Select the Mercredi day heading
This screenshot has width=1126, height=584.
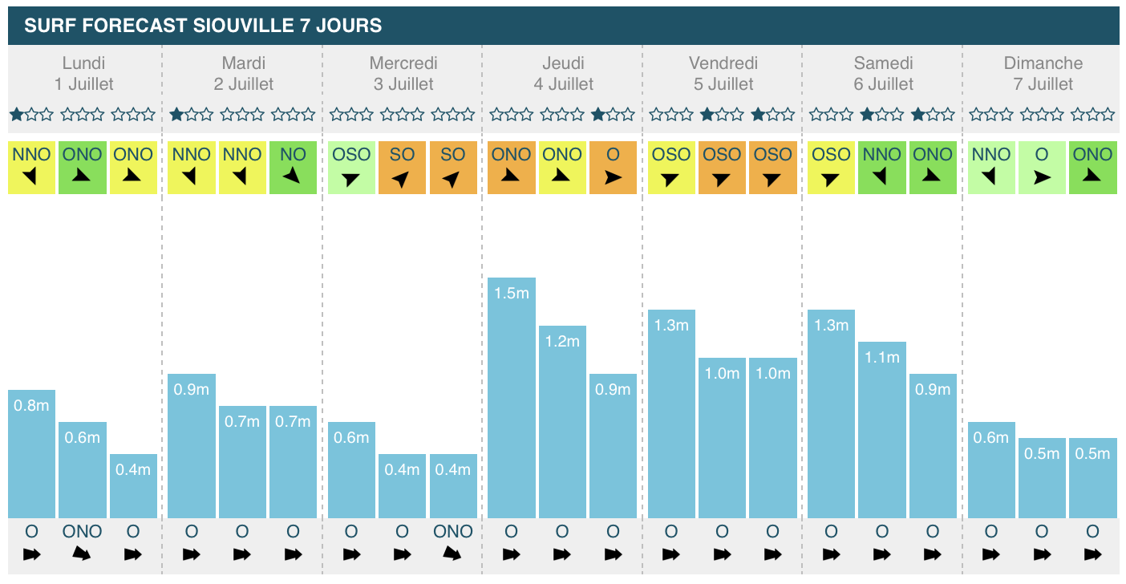(403, 63)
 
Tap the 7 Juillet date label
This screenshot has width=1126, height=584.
(1043, 84)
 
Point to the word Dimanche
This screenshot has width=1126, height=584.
(1043, 63)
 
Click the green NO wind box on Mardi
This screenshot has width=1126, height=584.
(293, 167)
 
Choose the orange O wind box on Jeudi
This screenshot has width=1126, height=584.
(613, 167)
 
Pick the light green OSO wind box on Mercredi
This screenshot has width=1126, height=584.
(351, 167)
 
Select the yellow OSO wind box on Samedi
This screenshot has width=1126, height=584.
(831, 167)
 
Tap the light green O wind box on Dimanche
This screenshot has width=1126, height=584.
(1042, 167)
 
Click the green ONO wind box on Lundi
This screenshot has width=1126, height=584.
(83, 167)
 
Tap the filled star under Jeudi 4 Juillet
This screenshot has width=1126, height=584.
(597, 115)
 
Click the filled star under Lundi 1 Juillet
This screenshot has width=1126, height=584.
(16, 115)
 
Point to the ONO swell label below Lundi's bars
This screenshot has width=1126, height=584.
(83, 531)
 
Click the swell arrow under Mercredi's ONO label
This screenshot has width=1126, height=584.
(453, 554)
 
